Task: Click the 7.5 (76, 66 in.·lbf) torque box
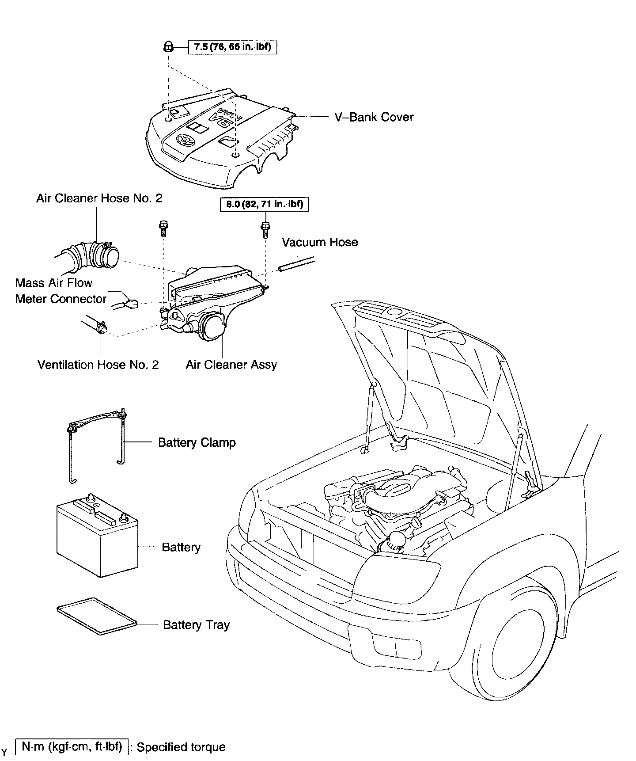click(x=233, y=46)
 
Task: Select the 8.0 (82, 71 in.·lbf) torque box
click(x=265, y=205)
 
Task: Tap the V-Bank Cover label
click(x=374, y=117)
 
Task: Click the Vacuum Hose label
click(x=320, y=242)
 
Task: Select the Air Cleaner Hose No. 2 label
click(x=99, y=198)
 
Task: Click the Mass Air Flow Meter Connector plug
click(x=131, y=304)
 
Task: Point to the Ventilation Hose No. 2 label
click(x=98, y=365)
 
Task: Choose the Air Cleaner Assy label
click(x=231, y=365)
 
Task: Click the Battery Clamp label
click(x=197, y=443)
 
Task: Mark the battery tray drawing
click(x=97, y=616)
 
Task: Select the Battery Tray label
click(x=197, y=625)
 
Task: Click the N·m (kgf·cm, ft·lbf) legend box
click(x=72, y=746)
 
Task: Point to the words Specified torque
click(x=181, y=747)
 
